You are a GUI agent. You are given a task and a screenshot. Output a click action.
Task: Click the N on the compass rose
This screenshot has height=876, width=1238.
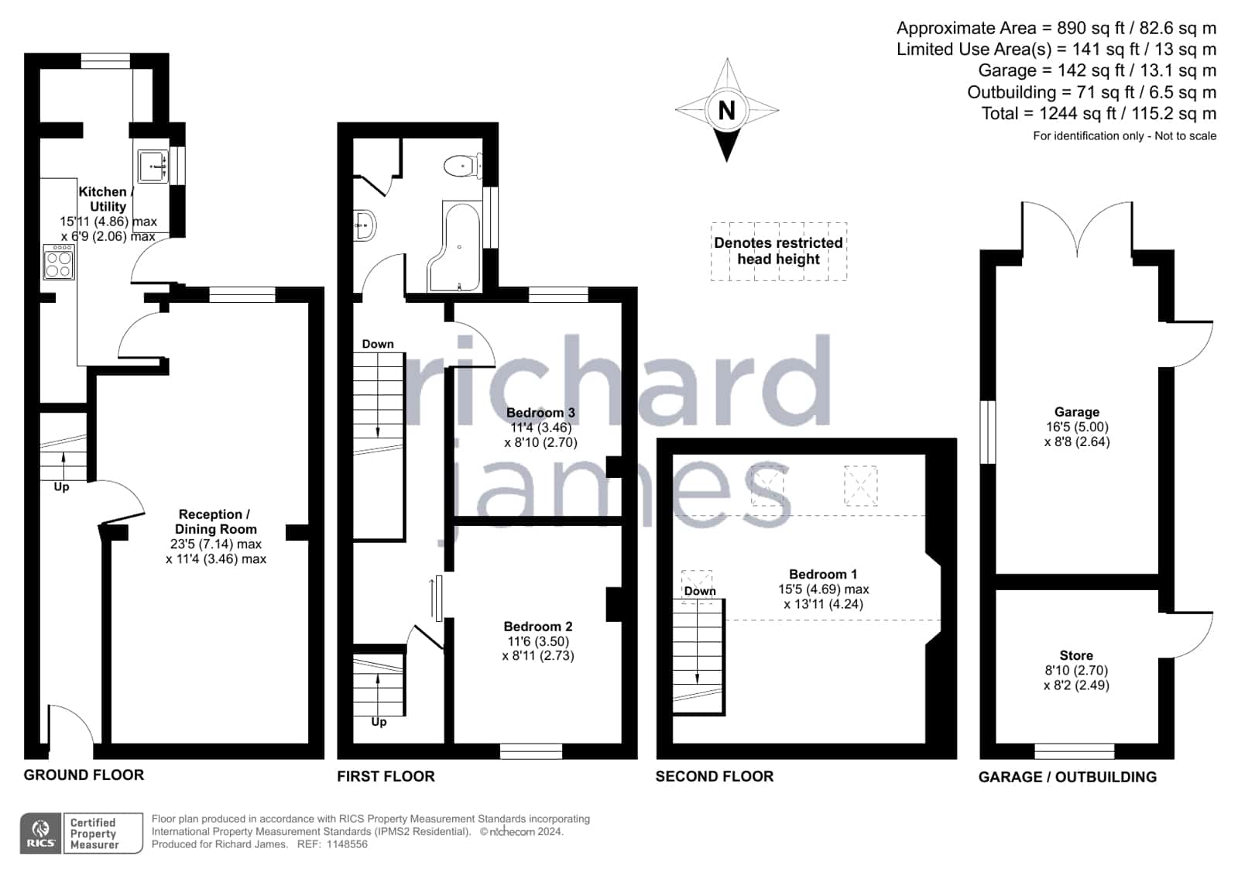(727, 111)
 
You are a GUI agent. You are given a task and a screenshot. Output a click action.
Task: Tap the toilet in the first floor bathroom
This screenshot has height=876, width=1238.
(462, 165)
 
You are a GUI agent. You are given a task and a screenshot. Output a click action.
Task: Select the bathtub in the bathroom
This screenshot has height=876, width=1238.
(454, 246)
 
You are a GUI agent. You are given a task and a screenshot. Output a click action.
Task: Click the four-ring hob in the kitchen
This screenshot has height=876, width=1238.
(59, 262)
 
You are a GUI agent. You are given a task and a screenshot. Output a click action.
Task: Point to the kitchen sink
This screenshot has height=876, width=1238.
(153, 166)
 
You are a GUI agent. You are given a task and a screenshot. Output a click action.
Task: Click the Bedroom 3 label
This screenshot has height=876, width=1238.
(540, 413)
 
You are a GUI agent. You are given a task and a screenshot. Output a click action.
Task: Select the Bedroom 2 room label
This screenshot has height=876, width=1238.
(538, 627)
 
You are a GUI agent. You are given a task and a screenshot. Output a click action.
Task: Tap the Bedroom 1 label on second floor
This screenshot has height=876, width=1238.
(823, 574)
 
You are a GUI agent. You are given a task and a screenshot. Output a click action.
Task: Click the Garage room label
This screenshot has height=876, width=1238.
(1077, 412)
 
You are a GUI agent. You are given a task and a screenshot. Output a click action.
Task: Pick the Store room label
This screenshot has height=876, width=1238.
(1076, 655)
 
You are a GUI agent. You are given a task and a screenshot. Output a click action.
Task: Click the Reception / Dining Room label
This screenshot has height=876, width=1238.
(215, 521)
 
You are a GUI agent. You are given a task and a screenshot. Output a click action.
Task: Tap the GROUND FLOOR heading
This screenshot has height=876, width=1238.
(84, 775)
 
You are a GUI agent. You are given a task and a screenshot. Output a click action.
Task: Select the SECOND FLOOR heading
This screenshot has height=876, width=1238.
(715, 776)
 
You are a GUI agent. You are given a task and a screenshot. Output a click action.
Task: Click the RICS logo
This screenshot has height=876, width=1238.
(41, 833)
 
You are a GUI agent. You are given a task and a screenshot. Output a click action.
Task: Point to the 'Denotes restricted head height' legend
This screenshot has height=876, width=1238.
(779, 251)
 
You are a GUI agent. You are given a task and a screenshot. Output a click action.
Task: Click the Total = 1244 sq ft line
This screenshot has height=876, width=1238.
(1099, 113)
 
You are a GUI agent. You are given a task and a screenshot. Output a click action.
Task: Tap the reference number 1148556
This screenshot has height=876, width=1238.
(347, 844)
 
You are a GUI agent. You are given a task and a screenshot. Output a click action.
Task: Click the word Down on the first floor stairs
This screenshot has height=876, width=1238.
(378, 344)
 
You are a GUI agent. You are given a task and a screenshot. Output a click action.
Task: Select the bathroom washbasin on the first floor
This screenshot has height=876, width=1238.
(365, 225)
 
